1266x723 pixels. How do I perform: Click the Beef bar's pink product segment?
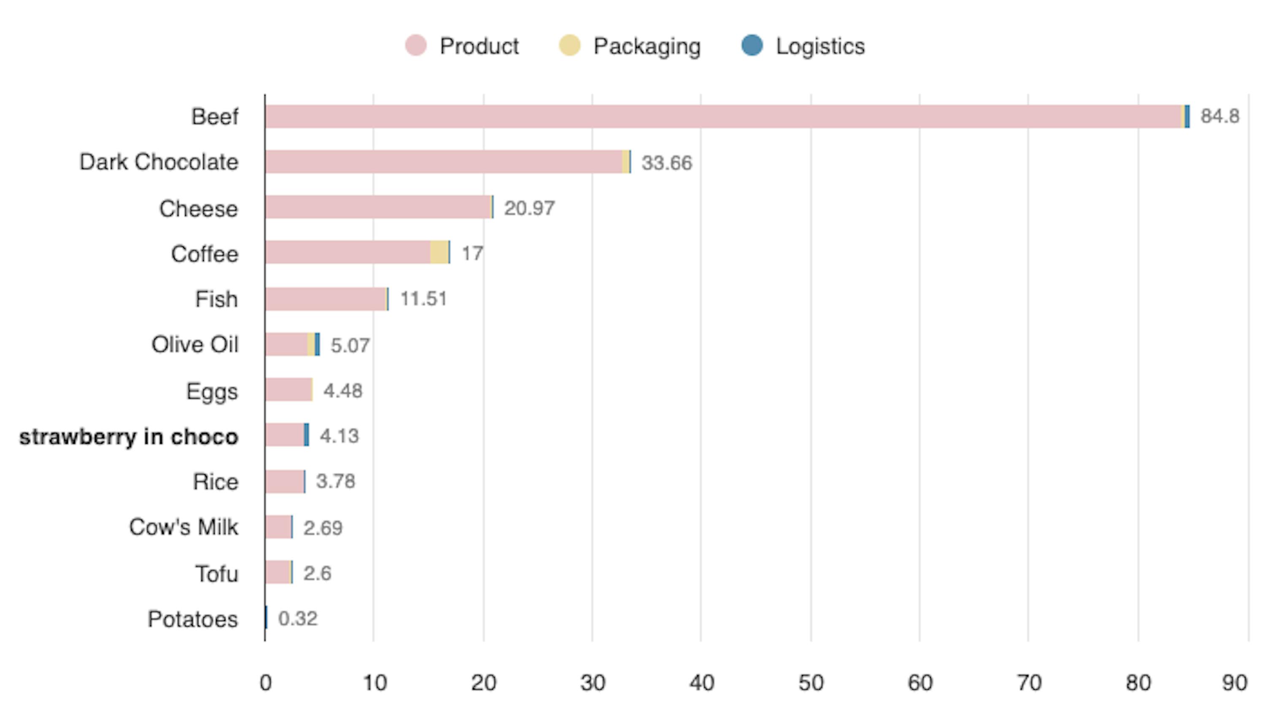(x=720, y=117)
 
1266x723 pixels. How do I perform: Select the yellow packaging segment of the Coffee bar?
(x=438, y=252)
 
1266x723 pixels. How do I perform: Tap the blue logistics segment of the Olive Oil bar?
(x=317, y=344)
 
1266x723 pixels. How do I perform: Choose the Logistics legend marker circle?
(x=752, y=45)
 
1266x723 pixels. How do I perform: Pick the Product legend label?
(x=479, y=46)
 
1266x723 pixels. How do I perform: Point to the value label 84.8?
(x=1219, y=116)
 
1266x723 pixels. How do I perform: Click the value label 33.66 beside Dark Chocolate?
(x=666, y=163)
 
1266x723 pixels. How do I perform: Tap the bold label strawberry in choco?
(x=129, y=437)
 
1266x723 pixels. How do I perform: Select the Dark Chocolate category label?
(x=159, y=162)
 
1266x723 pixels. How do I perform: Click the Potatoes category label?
(x=193, y=619)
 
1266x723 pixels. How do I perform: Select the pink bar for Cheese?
(x=377, y=207)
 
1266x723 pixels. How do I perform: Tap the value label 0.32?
(x=298, y=619)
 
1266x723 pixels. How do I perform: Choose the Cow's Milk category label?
(x=184, y=527)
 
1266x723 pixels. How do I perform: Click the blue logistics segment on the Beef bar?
(x=1187, y=117)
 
